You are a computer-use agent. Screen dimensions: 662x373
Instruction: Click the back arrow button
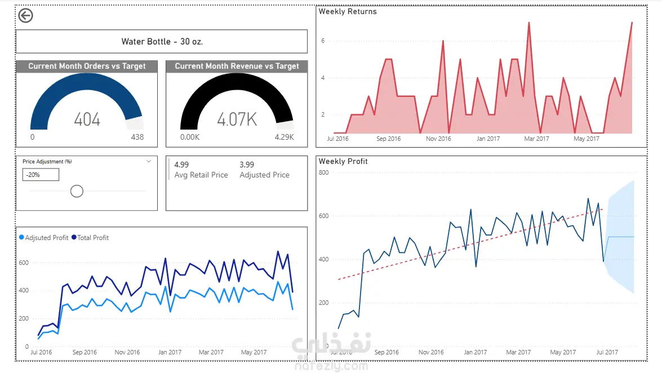26,16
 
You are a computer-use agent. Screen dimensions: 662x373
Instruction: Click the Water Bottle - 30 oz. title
162,41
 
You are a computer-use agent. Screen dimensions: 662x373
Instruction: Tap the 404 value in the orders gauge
87,119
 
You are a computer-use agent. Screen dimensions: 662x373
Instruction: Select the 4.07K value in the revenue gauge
237,119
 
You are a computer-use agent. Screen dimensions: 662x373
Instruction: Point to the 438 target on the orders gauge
137,137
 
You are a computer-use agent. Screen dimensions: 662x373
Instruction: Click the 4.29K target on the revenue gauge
284,137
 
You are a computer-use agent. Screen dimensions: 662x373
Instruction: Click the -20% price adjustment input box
41,175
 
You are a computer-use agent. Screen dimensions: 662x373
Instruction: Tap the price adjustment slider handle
77,192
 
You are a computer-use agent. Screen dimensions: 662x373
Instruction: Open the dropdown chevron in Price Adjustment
149,161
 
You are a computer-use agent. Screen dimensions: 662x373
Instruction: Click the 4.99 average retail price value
181,165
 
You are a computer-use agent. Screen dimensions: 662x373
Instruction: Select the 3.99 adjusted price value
247,165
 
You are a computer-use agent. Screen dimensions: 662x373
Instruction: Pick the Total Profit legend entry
90,238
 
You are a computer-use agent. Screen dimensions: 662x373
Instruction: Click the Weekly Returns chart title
348,11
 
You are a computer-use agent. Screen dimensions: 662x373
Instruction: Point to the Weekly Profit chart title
343,161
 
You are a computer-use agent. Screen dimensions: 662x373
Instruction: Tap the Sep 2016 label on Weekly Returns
388,139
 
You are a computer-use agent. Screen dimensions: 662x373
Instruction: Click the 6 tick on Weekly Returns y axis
323,41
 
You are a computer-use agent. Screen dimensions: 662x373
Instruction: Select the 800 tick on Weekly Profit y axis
324,172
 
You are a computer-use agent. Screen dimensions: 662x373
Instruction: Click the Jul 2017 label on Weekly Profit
607,352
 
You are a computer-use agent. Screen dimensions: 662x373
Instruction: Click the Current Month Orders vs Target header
87,66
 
